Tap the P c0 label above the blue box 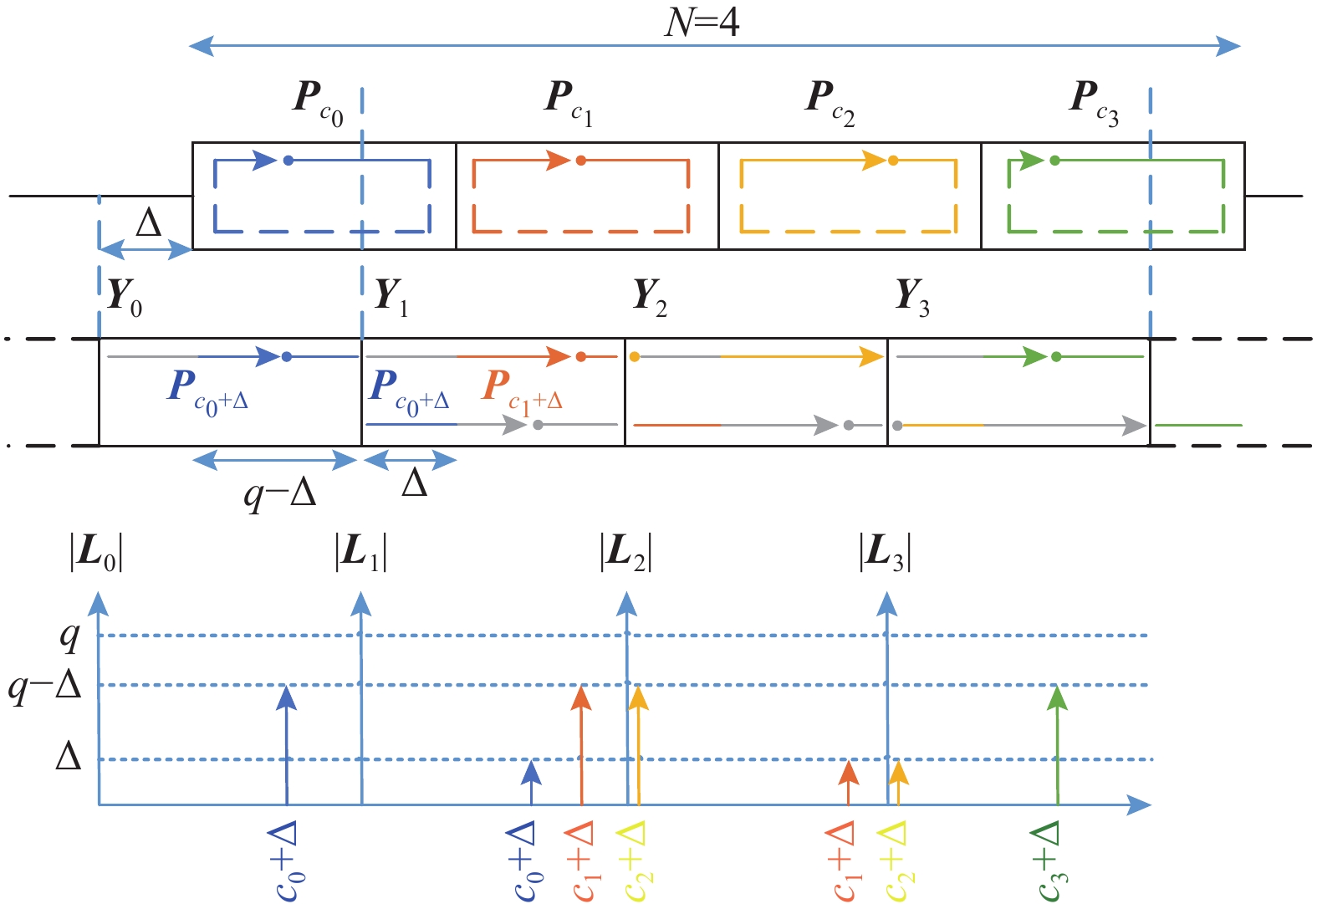click(x=317, y=101)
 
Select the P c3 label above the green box click(x=1093, y=101)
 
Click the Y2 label click(x=650, y=298)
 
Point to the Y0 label click(x=125, y=298)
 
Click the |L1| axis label click(x=360, y=553)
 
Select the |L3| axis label click(x=885, y=553)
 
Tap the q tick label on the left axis click(x=70, y=636)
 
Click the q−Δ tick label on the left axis click(x=46, y=686)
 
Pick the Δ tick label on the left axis click(x=69, y=758)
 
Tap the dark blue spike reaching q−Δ click(x=287, y=744)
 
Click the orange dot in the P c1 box click(x=580, y=161)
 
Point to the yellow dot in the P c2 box click(x=893, y=161)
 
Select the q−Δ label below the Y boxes click(x=280, y=494)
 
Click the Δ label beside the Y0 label click(x=148, y=224)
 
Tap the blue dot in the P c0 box click(x=288, y=161)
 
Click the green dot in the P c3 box click(x=1054, y=161)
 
